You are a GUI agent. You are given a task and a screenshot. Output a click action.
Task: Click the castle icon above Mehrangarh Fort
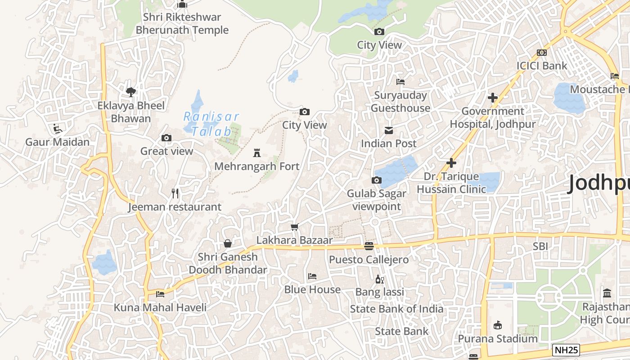click(x=257, y=153)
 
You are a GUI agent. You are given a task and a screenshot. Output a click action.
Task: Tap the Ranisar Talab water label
click(x=211, y=124)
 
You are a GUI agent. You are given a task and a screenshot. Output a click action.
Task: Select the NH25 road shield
click(x=566, y=350)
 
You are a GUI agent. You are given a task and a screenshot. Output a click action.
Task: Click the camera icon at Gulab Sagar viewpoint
click(x=377, y=180)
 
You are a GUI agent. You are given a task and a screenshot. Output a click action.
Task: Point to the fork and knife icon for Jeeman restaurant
click(x=175, y=193)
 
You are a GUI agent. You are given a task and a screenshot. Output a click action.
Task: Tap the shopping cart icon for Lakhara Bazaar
click(x=295, y=227)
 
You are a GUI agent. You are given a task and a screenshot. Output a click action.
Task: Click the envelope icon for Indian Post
click(x=389, y=130)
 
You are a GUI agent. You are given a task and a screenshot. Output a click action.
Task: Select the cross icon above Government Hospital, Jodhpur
click(x=493, y=98)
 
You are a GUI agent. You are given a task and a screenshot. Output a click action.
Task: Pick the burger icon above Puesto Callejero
click(x=369, y=246)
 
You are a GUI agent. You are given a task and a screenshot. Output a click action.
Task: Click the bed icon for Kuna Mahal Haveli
click(x=160, y=294)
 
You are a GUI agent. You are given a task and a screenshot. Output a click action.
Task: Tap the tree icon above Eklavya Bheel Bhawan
click(x=131, y=92)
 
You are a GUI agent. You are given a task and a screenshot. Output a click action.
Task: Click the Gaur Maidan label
click(x=57, y=142)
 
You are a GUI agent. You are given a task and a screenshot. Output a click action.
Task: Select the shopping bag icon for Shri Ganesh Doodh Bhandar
click(x=228, y=243)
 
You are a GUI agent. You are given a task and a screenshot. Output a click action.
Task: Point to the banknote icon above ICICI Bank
click(x=542, y=53)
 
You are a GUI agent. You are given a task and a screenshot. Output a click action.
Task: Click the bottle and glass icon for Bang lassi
click(x=379, y=279)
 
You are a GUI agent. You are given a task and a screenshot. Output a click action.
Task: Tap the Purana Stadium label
click(x=498, y=338)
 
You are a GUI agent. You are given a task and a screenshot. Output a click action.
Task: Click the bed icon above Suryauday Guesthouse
click(x=400, y=82)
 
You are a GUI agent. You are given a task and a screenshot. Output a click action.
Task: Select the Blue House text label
click(x=312, y=289)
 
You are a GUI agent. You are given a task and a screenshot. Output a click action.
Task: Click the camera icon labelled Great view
click(x=166, y=138)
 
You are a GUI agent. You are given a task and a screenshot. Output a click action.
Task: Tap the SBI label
click(x=540, y=246)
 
